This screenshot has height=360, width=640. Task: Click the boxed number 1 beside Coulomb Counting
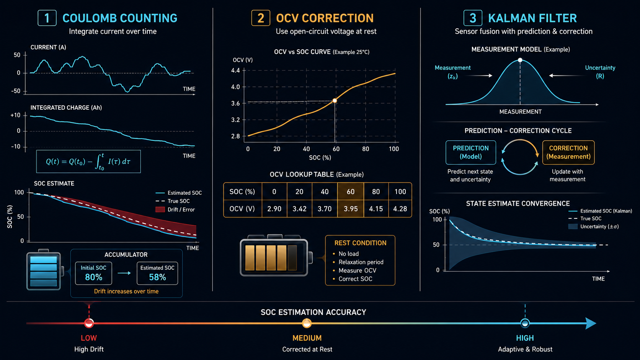coord(47,18)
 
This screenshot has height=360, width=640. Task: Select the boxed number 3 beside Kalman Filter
coord(473,18)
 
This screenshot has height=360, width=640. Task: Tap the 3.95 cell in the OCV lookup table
coord(351,209)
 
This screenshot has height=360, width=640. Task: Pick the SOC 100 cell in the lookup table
coord(400,192)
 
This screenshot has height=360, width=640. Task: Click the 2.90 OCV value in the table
coord(274,209)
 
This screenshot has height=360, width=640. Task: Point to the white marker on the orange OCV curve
coord(335,101)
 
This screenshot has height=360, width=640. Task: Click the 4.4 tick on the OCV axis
coord(235,70)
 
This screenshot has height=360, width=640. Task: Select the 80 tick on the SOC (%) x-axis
coord(366,149)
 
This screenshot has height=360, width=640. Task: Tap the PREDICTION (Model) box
coord(470,152)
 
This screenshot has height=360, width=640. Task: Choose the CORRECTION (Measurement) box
coord(568,152)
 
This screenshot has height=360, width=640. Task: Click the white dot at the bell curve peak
coord(520,60)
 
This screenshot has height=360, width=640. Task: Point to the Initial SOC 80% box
coord(93,273)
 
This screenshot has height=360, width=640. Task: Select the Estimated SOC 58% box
coord(157,273)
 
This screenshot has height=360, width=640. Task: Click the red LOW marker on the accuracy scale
coord(89,323)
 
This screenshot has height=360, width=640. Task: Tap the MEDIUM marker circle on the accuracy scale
coord(307,323)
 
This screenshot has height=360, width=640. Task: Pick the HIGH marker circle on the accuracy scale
coord(525,323)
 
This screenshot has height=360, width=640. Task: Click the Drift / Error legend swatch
coord(160,210)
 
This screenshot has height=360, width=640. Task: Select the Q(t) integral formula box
coord(88,161)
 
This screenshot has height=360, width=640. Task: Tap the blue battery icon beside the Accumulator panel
coord(44,270)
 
